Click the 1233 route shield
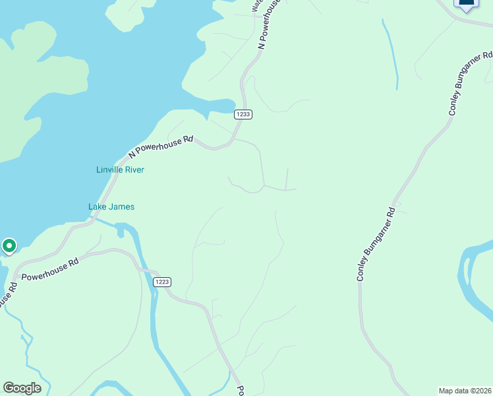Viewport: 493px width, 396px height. click(x=243, y=114)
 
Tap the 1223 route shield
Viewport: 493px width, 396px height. click(x=162, y=282)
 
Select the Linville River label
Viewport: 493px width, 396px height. click(x=120, y=170)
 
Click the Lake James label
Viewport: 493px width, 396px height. click(x=111, y=207)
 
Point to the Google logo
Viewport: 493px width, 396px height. click(x=22, y=387)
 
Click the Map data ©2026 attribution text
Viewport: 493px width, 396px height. click(x=465, y=390)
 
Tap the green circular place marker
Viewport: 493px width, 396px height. click(x=9, y=246)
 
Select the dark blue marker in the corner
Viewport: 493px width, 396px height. click(x=466, y=4)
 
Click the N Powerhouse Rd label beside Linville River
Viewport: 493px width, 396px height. click(x=161, y=146)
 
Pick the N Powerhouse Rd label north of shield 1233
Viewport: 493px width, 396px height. click(x=270, y=25)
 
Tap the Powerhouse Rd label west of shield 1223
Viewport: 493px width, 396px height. click(x=50, y=269)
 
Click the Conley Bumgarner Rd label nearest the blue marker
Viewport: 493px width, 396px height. click(x=471, y=83)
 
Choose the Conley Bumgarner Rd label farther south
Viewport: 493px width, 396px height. click(x=375, y=245)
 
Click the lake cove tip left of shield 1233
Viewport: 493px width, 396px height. click(x=230, y=106)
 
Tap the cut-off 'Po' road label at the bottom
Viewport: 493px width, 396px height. click(x=241, y=390)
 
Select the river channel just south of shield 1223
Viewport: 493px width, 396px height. click(x=156, y=317)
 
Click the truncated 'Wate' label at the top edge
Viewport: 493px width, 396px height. click(x=256, y=5)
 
